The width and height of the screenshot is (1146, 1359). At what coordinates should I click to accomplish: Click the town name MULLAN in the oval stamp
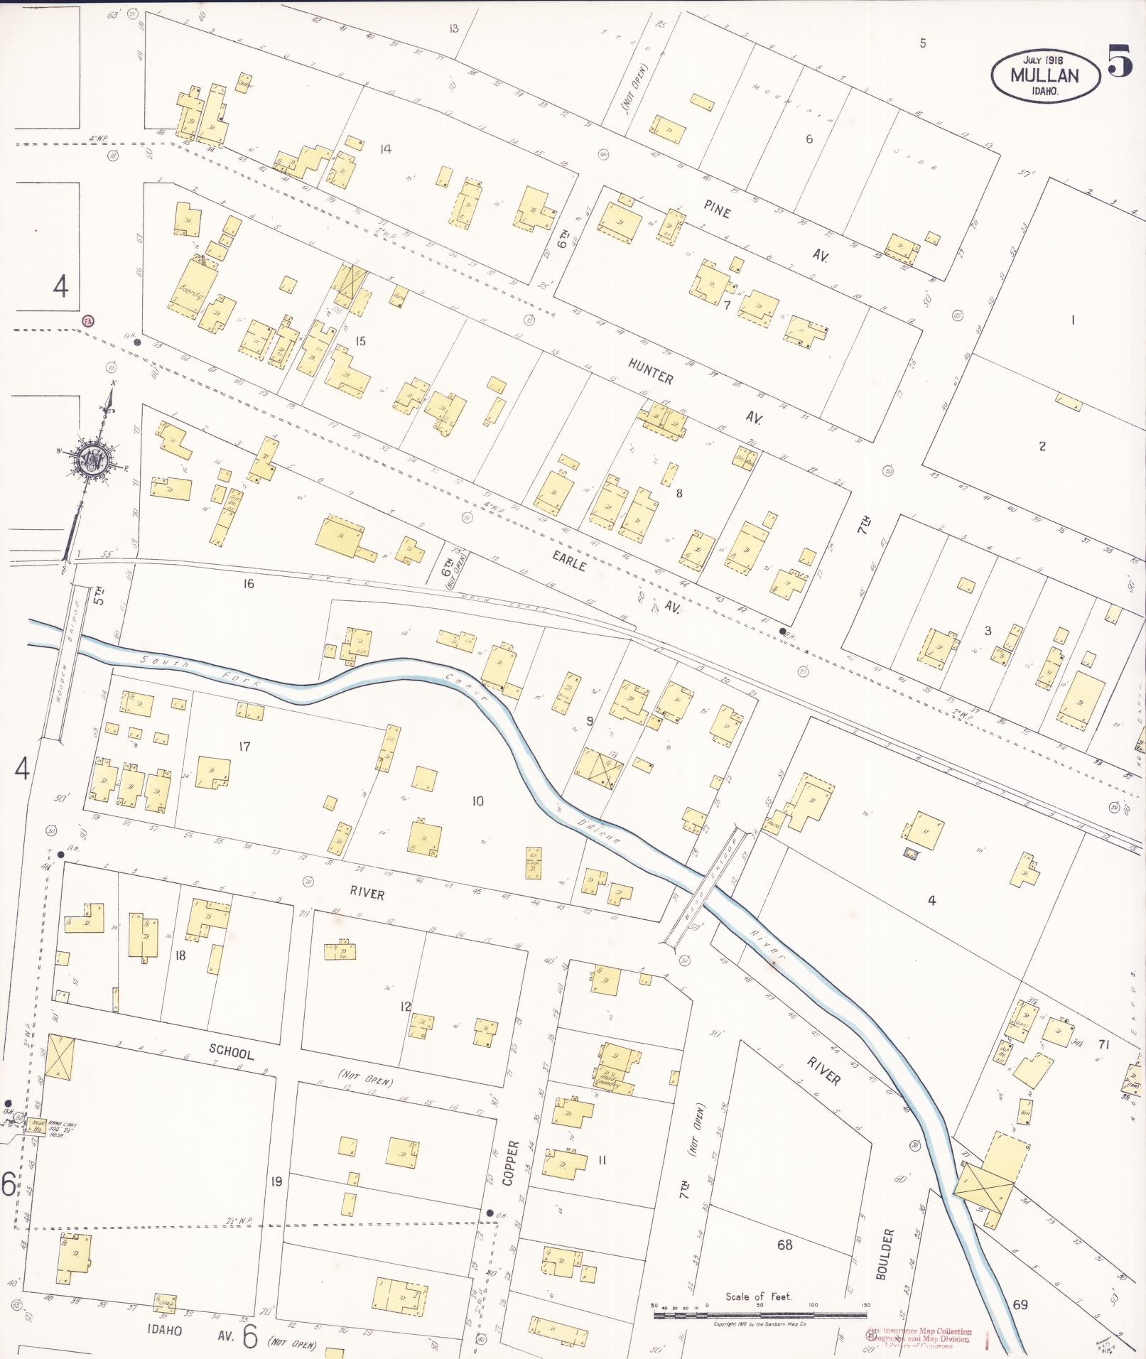pos(1044,75)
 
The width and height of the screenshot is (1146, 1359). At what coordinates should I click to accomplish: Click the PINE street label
pos(717,209)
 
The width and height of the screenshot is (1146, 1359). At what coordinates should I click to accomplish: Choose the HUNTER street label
pos(650,372)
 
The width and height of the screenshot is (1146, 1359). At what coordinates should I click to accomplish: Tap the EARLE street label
pos(570,561)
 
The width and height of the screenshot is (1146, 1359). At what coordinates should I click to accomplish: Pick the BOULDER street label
pos(885,1254)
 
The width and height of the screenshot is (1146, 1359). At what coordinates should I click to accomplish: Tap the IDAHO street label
pos(165,1330)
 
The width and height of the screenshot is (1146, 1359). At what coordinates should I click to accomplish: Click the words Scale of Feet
pos(758,1296)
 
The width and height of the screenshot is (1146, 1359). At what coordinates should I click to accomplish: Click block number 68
pos(784,1244)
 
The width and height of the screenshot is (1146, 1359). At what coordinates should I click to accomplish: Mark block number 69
pos(1020,1304)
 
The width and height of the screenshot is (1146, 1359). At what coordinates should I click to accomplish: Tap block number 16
pos(248,583)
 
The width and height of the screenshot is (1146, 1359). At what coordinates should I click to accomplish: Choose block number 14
pos(385,148)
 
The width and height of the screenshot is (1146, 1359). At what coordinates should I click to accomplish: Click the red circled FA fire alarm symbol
pos(88,320)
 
